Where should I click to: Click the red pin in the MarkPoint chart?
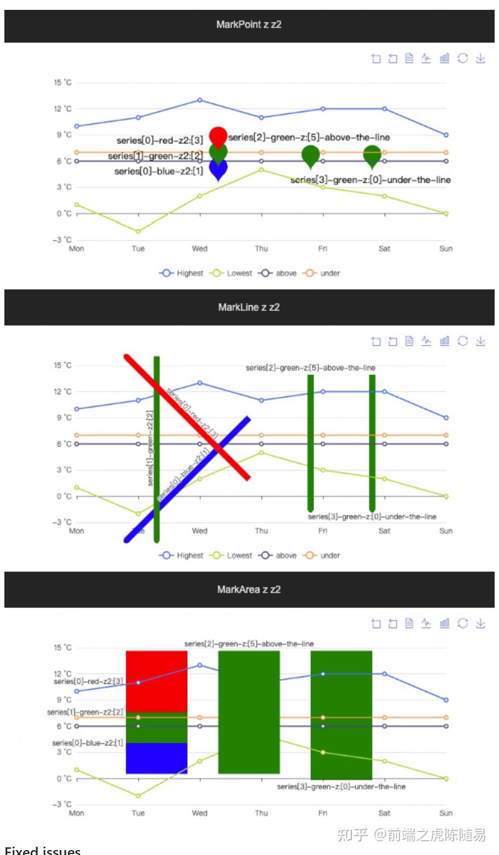[x=218, y=135]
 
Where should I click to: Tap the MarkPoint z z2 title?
[x=249, y=25]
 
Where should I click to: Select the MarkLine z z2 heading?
[x=249, y=307]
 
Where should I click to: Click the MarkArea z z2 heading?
[x=249, y=590]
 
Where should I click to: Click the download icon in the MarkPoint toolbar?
[x=480, y=59]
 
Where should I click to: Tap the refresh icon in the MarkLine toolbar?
[x=463, y=341]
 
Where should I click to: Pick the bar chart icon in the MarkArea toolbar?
[x=444, y=623]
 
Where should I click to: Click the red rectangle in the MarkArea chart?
[x=156, y=681]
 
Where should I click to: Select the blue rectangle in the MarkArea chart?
[x=156, y=758]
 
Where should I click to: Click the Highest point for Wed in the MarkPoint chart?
[x=200, y=100]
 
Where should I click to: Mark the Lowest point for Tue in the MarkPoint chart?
[x=138, y=231]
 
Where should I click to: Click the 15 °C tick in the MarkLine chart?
[x=62, y=365]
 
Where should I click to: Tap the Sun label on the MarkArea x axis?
[x=446, y=813]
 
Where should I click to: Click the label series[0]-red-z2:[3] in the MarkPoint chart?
[x=159, y=141]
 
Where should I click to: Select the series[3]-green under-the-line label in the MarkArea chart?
[x=341, y=787]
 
